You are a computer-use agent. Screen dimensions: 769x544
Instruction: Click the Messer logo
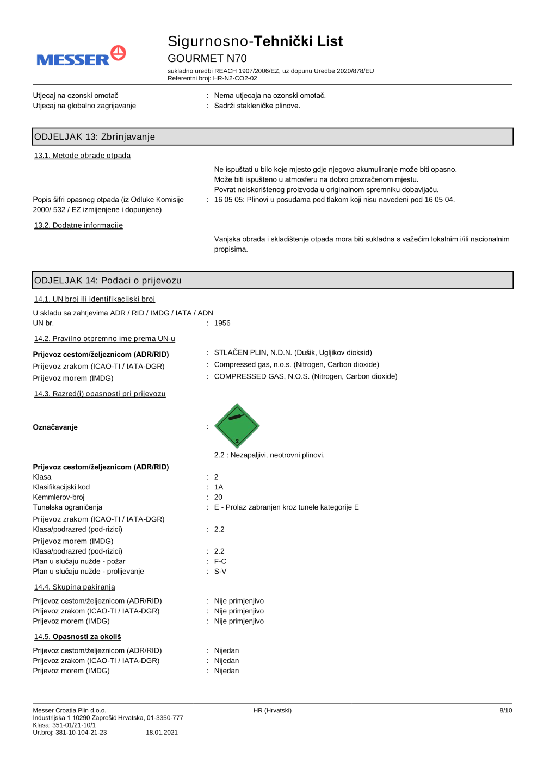point(81,57)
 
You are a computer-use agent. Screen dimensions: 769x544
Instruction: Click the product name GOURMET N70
point(207,58)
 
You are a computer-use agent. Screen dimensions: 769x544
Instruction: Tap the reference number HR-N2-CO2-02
point(235,78)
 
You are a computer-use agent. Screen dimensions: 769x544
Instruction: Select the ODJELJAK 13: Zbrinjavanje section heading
point(95,137)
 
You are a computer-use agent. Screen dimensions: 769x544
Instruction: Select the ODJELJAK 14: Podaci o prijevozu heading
point(108,281)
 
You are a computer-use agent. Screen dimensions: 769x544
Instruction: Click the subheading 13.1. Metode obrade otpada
point(82,156)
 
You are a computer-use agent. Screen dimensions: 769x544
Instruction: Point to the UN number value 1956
point(222,323)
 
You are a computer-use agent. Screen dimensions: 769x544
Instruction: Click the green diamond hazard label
point(237,426)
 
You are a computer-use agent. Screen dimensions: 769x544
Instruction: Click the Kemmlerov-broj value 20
point(218,497)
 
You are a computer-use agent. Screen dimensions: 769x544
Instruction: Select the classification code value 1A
point(219,487)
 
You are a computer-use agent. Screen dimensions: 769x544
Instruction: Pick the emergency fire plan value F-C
point(220,561)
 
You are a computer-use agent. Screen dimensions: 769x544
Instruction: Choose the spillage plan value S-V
point(220,572)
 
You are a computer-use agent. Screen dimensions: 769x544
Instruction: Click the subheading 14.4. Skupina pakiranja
point(75,587)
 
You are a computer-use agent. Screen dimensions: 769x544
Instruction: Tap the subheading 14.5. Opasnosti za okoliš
point(78,637)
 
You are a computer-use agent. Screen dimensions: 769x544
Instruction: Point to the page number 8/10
point(505,710)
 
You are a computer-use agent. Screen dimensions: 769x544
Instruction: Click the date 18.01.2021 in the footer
point(162,733)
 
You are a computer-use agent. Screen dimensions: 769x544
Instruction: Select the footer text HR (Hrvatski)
point(272,710)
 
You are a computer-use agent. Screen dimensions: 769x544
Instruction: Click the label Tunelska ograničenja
point(67,507)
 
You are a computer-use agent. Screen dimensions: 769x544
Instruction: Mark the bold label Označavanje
point(55,427)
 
